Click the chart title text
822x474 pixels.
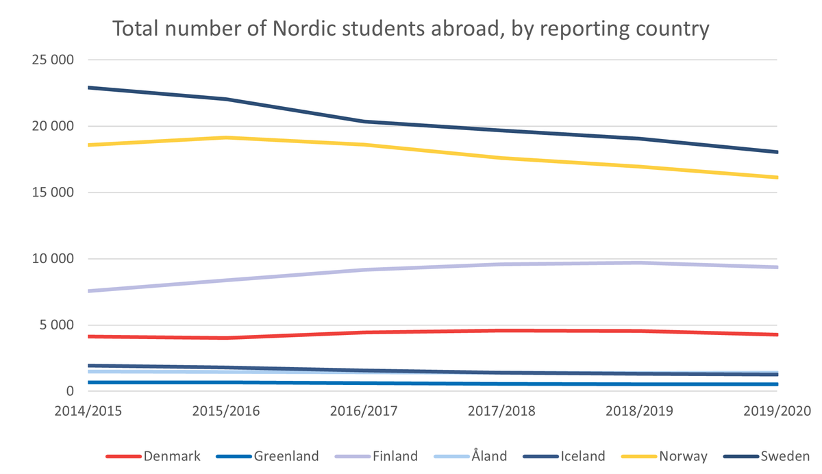coord(410,29)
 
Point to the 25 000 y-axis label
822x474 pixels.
coord(53,60)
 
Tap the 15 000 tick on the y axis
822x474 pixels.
coord(53,192)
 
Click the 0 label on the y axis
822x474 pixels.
coord(71,391)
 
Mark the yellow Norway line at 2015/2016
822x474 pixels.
coord(226,138)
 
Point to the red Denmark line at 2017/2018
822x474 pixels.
coord(501,330)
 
